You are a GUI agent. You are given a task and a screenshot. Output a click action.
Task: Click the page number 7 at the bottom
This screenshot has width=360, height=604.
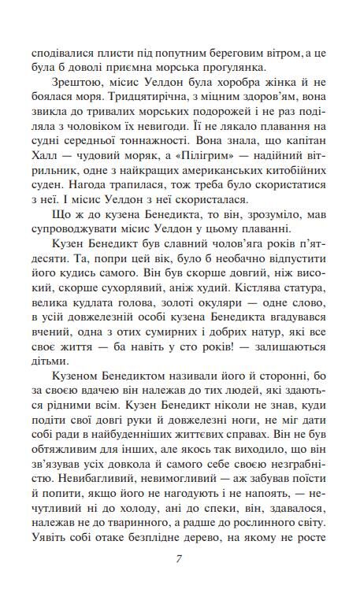180,560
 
